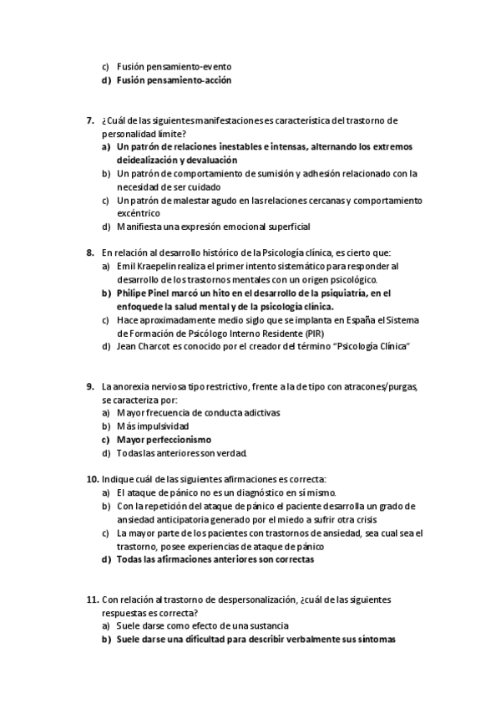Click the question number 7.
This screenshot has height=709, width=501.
pos(90,120)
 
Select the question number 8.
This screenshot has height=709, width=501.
pos(90,252)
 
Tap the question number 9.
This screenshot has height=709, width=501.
pos(90,386)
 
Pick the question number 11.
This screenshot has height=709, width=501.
pos(92,599)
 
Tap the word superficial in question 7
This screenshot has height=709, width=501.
pos(284,227)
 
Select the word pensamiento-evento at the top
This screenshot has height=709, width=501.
pos(191,66)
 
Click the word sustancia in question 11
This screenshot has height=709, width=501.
pos(265,626)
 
